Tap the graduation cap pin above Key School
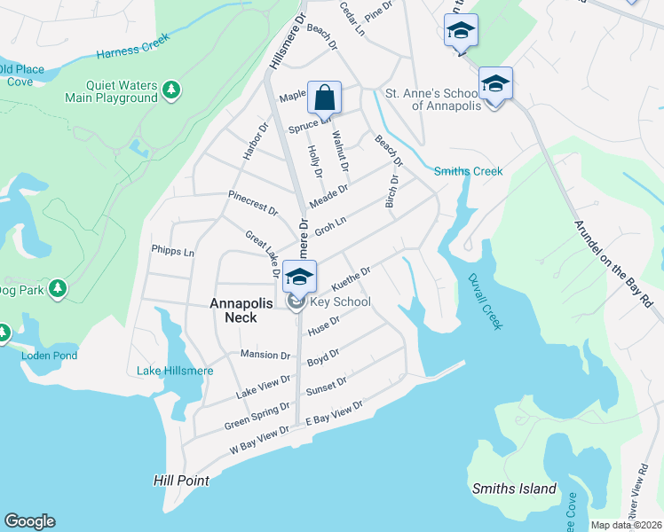pos(300,276)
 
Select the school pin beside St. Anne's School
pos(495,84)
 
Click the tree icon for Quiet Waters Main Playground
pos(172,90)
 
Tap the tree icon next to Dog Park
pos(58,288)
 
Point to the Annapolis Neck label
pos(233,310)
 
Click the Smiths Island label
pos(514,489)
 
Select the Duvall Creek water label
pos(485,301)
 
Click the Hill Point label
pos(181,481)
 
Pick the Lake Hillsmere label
pos(176,370)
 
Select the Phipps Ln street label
pos(172,252)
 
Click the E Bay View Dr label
pos(335,417)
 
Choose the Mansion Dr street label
pos(265,356)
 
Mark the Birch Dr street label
pos(391,191)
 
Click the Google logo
pos(29,521)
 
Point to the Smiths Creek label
pos(468,171)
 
